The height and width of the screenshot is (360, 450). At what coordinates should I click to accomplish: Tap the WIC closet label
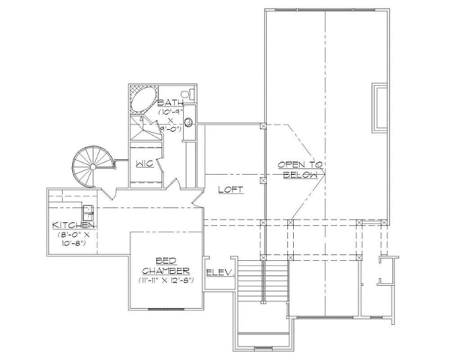coord(145,162)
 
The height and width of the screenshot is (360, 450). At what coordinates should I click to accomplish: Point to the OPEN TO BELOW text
coord(299,169)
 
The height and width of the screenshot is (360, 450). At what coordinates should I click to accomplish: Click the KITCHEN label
coord(73,225)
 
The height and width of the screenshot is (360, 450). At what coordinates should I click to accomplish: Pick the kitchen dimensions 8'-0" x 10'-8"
coord(73,238)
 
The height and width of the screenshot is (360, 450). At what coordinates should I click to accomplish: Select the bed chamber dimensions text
coord(166,280)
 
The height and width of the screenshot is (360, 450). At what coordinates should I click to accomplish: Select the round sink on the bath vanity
coord(188,121)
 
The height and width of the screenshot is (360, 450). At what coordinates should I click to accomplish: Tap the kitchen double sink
coord(87,211)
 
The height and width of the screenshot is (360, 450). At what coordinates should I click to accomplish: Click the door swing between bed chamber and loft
coord(196,198)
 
